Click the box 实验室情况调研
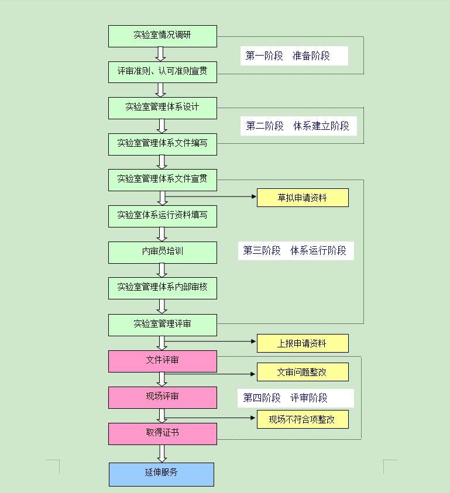[x=162, y=36]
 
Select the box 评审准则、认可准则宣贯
[x=162, y=72]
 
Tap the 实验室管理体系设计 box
[x=162, y=108]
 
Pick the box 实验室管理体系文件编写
[x=162, y=144]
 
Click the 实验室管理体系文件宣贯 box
[x=162, y=180]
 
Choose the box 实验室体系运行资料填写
[x=162, y=216]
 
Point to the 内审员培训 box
[x=162, y=252]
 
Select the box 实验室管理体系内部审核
[x=162, y=288]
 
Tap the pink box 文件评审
[x=162, y=361]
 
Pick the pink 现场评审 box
[x=162, y=397]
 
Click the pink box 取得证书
[x=162, y=433]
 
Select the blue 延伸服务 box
[x=161, y=474]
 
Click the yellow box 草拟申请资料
[x=302, y=198]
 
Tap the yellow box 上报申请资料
[x=302, y=343]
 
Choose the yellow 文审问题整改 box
[x=302, y=372]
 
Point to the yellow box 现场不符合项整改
[x=302, y=419]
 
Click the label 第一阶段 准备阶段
[x=294, y=56]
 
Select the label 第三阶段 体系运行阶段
[x=295, y=251]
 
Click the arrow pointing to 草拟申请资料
[x=211, y=196]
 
